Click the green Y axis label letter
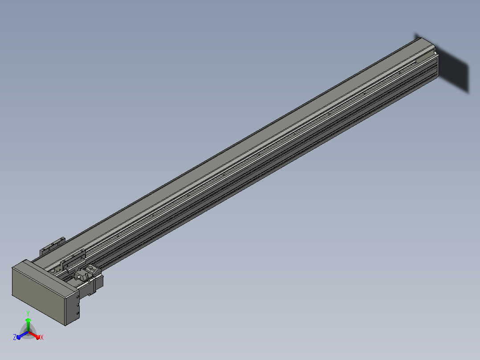click(x=28, y=313)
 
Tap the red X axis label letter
click(x=42, y=337)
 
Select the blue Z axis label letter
click(x=15, y=337)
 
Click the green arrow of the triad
click(x=28, y=324)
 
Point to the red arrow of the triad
click(x=34, y=335)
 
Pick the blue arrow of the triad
click(x=22, y=335)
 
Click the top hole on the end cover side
click(x=78, y=297)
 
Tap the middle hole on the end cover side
click(x=78, y=305)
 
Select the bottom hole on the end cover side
click(x=78, y=313)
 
